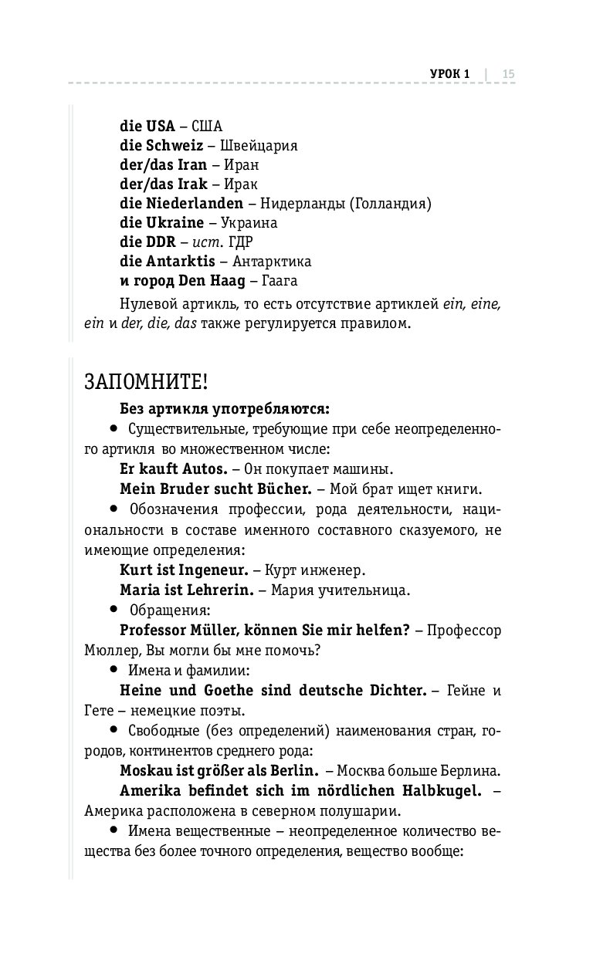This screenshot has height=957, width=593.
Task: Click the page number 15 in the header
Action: pyautogui.click(x=509, y=74)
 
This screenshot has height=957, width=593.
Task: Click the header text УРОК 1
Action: pyautogui.click(x=449, y=74)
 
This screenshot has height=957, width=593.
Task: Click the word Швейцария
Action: pyautogui.click(x=259, y=145)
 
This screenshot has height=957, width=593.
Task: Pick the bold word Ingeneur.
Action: pyautogui.click(x=209, y=571)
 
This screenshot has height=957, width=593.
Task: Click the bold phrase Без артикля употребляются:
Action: pyautogui.click(x=225, y=408)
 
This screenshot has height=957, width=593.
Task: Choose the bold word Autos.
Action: pyautogui.click(x=204, y=468)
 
